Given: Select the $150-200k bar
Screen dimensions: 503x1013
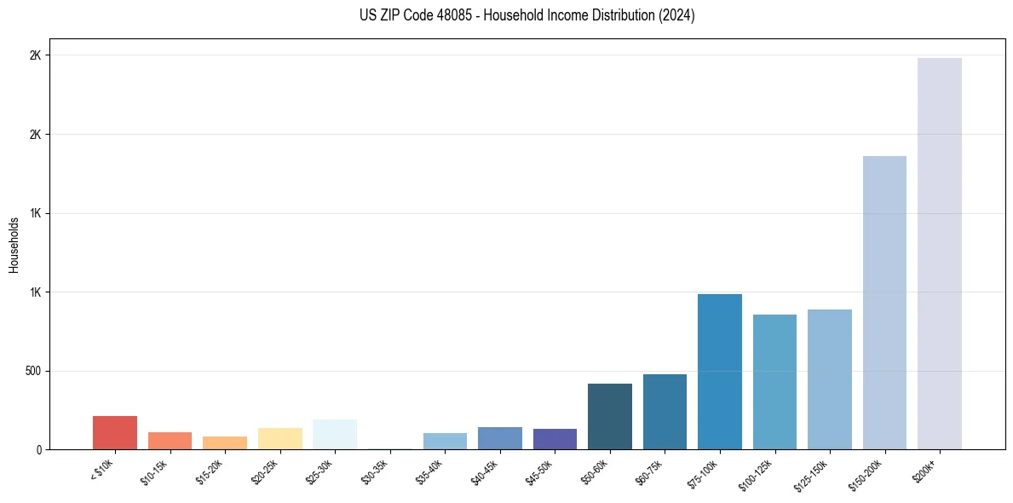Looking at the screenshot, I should (884, 303).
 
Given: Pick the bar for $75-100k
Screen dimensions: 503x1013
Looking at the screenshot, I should (719, 372).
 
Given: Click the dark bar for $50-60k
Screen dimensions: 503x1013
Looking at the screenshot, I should (609, 417).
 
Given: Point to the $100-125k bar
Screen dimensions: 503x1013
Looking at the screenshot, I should (774, 382).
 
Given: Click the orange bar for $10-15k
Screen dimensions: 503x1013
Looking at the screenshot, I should (170, 441).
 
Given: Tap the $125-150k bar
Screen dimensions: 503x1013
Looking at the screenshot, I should (829, 379).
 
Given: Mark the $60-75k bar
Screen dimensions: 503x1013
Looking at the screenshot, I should (665, 412).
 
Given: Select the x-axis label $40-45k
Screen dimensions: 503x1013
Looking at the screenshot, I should (485, 471).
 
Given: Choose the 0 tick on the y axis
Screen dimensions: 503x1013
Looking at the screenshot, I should (38, 450).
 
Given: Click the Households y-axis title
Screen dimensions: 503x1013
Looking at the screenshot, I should (14, 245).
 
